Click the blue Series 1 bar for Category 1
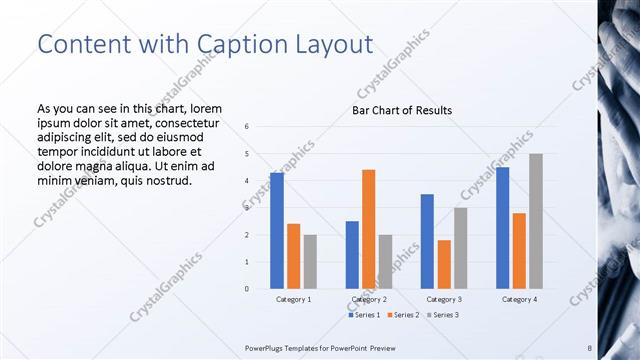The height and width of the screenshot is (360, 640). click(x=276, y=231)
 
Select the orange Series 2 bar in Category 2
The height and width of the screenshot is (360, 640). click(x=368, y=229)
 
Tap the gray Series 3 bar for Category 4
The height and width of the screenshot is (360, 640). click(x=536, y=221)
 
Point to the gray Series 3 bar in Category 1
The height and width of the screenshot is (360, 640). click(x=310, y=262)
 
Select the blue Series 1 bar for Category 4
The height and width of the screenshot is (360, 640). click(x=502, y=228)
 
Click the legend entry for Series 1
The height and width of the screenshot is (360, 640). click(x=364, y=315)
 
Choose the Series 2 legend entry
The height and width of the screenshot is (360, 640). click(x=403, y=315)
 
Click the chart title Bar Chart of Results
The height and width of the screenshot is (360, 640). click(x=402, y=110)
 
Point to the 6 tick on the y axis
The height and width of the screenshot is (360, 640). click(x=246, y=127)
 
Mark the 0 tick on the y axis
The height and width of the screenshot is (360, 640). click(x=246, y=289)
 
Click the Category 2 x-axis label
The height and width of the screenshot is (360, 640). click(x=368, y=299)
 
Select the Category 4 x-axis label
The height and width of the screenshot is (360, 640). click(x=519, y=299)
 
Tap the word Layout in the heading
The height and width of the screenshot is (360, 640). click(x=327, y=44)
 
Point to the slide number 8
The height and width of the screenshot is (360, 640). click(x=589, y=347)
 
